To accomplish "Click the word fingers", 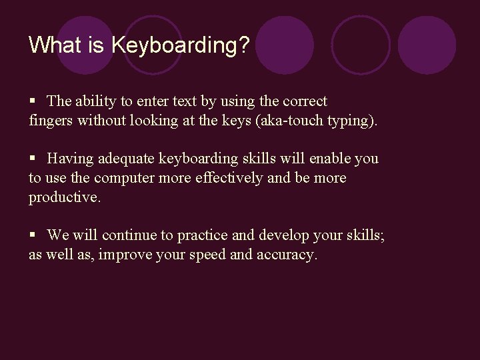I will pos(51,121).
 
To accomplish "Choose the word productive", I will pos(63,198).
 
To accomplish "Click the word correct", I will pos(305,101).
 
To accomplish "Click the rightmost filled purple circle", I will pos(427,45).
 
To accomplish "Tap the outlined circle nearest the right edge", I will pos(361,45).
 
